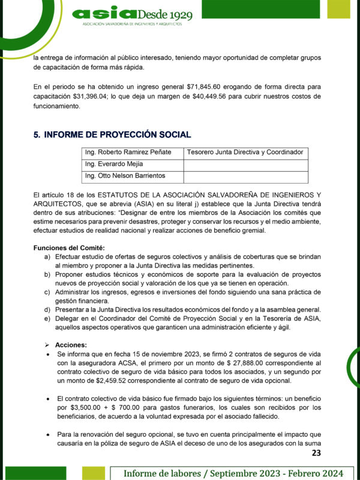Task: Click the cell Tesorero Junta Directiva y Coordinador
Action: [x=244, y=152]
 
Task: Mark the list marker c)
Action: [x=47, y=292]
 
